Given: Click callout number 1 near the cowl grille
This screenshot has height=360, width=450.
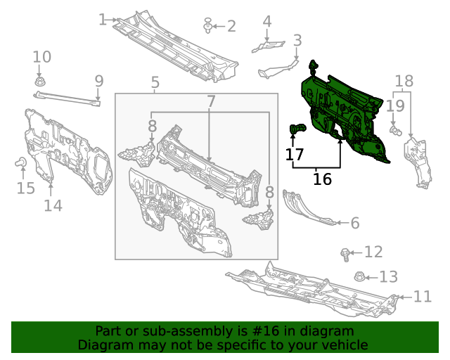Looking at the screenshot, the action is click(x=103, y=20).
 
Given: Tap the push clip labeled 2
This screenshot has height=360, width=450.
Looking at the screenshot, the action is click(x=208, y=25).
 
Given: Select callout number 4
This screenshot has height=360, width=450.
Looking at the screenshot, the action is click(x=267, y=22).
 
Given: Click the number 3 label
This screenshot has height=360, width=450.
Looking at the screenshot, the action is click(x=297, y=41).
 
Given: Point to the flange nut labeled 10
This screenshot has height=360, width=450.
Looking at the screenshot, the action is click(x=39, y=82).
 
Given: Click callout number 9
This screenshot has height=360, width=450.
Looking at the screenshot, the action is click(x=98, y=82).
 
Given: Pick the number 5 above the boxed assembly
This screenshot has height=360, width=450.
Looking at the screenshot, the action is click(x=155, y=82).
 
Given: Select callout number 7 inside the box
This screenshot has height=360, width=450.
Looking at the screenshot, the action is click(x=211, y=101).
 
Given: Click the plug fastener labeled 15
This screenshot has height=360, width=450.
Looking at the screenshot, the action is click(x=20, y=162).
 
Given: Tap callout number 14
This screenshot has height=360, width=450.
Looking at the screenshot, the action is click(x=53, y=205).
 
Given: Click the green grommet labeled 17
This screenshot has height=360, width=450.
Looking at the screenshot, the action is click(x=297, y=129).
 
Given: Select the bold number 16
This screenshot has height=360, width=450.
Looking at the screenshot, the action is click(x=322, y=179).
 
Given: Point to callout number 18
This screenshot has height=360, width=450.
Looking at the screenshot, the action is click(x=404, y=82).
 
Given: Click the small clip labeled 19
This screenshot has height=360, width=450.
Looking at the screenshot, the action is click(x=395, y=131).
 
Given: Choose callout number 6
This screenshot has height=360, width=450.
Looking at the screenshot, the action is click(x=355, y=223).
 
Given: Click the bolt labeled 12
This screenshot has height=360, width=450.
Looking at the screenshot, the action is click(x=345, y=255).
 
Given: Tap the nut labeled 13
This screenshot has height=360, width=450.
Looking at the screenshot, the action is click(x=359, y=277).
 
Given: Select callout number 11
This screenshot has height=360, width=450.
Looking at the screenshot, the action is click(x=423, y=297).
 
